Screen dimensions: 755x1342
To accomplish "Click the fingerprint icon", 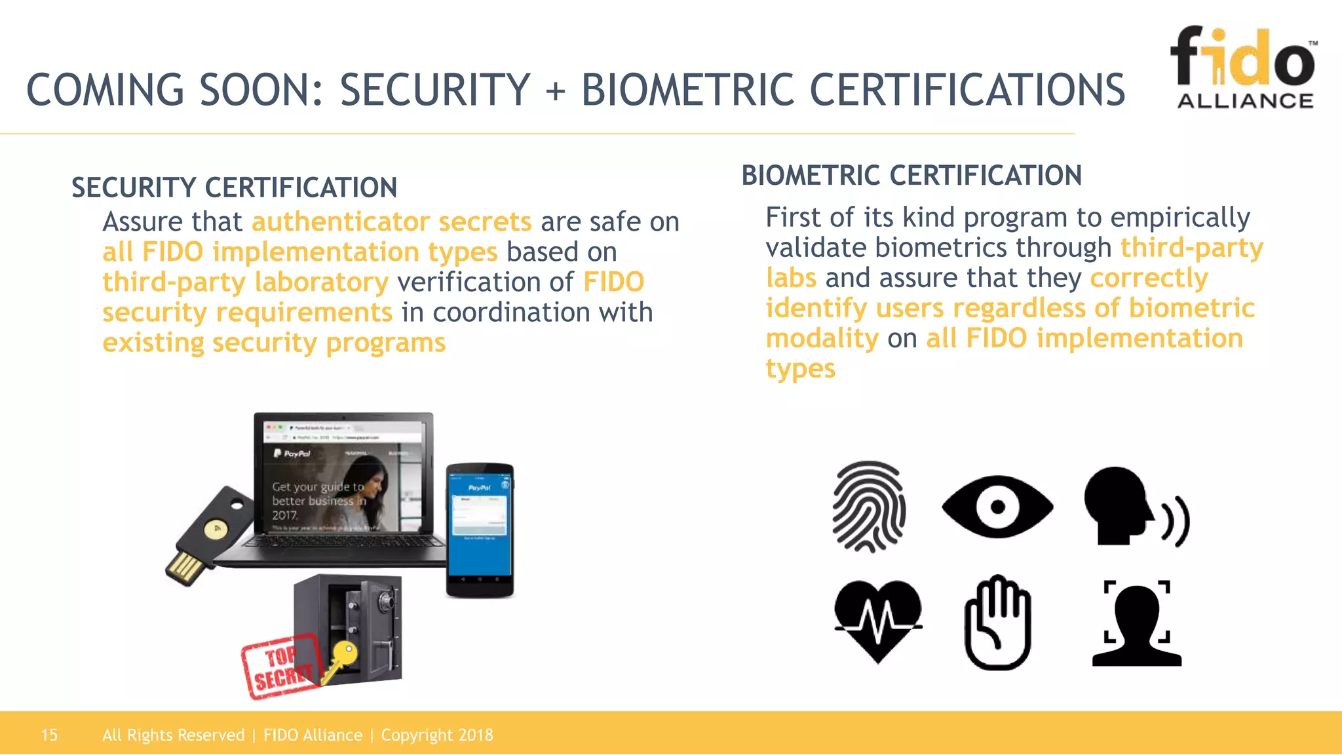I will [x=869, y=506].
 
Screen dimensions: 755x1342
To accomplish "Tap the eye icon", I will [x=997, y=507].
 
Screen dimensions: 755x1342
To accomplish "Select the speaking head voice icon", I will [x=1135, y=507].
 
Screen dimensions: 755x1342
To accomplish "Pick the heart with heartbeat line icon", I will [x=878, y=620].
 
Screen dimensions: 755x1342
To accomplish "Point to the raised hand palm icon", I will [x=997, y=623].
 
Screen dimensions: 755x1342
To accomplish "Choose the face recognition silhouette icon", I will [x=1137, y=623].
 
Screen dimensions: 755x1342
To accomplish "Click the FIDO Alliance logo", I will [x=1244, y=68].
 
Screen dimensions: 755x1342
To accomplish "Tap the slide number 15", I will [x=49, y=735].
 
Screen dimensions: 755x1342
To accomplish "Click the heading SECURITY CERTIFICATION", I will [x=234, y=187].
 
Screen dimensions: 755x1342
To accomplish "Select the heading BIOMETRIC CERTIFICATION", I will [x=911, y=176].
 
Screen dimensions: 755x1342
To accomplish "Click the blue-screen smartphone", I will [x=480, y=530].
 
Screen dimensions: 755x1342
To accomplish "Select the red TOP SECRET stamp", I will [x=280, y=668].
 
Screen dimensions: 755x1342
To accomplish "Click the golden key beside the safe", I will [x=341, y=658].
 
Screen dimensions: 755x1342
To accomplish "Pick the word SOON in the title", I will [x=261, y=90].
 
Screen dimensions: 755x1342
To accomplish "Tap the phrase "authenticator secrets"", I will [x=391, y=222].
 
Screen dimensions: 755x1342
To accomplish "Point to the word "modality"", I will [x=822, y=338].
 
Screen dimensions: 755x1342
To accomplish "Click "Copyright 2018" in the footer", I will [x=437, y=735].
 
